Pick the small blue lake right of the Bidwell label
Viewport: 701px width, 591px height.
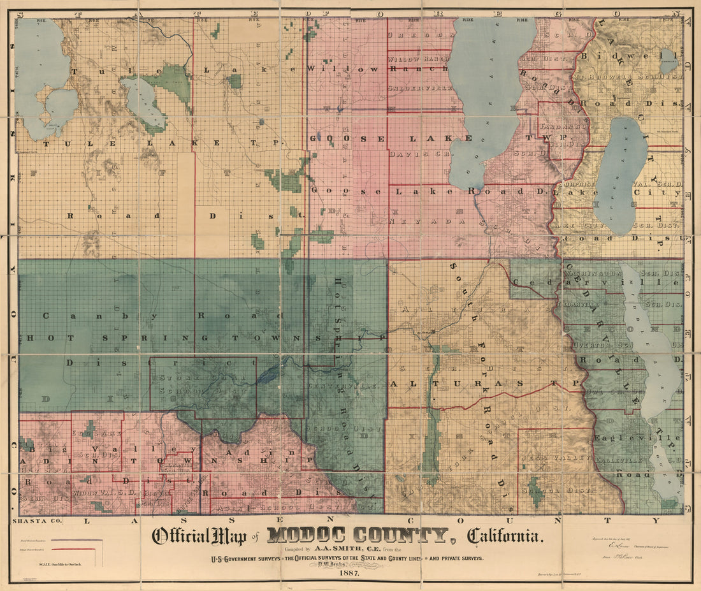pyautogui.click(x=668, y=61)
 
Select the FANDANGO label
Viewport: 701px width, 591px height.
pyautogui.click(x=557, y=127)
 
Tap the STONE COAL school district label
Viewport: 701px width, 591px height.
pyautogui.click(x=191, y=379)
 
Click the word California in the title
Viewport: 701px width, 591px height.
pyautogui.click(x=507, y=536)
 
